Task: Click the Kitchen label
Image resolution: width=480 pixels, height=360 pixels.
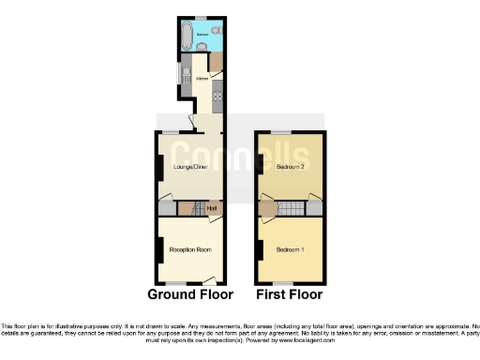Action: click(201, 79)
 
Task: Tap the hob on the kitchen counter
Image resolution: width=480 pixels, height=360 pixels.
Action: click(217, 93)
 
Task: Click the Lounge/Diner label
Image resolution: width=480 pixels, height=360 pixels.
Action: click(190, 167)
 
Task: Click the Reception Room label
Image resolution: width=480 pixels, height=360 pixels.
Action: click(189, 249)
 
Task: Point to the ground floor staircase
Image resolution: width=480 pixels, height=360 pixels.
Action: click(187, 207)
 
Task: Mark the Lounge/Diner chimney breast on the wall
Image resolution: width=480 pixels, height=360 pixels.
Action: click(157, 167)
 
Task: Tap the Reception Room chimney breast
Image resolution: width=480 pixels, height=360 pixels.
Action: click(157, 249)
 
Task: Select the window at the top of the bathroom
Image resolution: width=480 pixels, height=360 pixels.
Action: click(201, 18)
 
